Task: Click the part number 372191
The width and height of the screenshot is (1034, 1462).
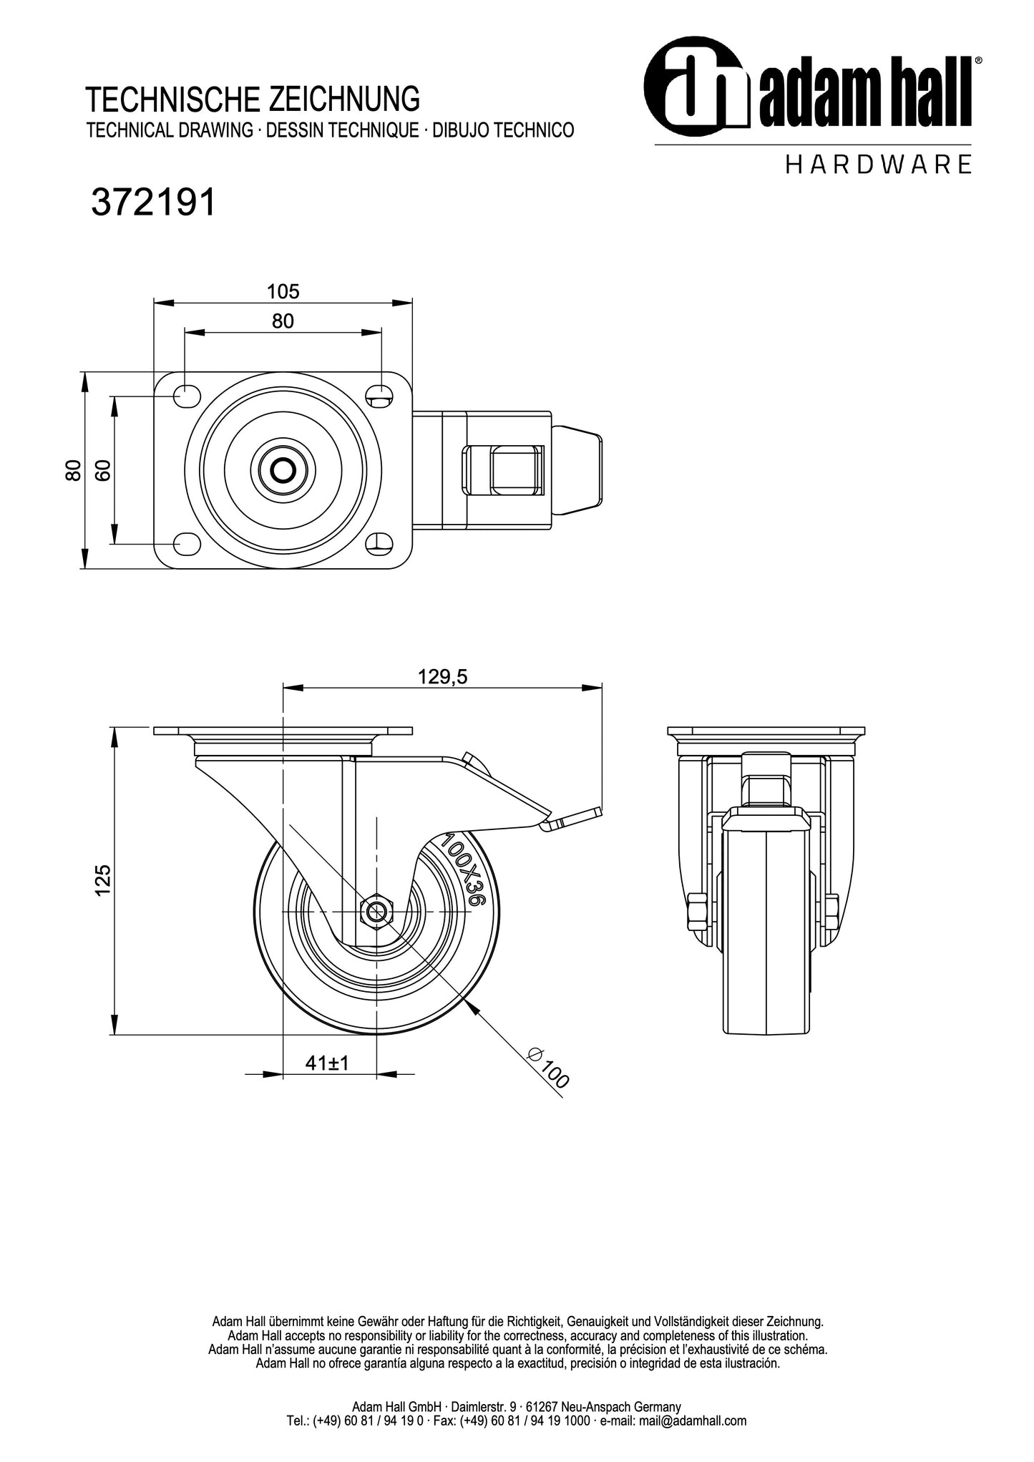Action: [153, 203]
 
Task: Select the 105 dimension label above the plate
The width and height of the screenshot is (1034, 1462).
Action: [283, 291]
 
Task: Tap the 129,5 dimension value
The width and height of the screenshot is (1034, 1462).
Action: [442, 677]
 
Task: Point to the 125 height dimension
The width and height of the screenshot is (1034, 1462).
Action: [103, 880]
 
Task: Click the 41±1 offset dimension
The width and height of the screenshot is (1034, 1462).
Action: [327, 1063]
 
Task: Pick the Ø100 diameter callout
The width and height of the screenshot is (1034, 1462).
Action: [548, 1068]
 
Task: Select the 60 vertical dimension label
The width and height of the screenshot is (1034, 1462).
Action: [104, 470]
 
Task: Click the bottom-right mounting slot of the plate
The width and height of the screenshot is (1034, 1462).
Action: [379, 544]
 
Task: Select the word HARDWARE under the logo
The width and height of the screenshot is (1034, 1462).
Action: [879, 165]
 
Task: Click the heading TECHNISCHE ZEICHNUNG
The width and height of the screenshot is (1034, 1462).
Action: [253, 99]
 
